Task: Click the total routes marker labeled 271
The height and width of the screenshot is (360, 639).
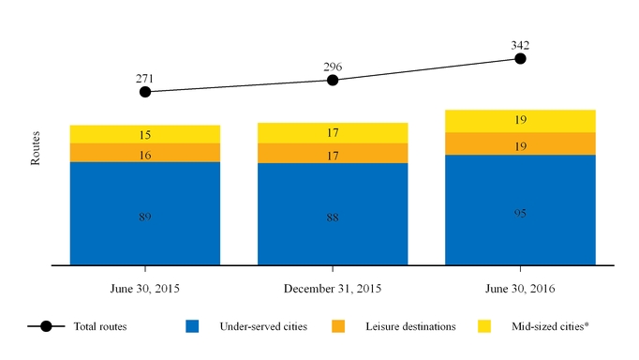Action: point(145,92)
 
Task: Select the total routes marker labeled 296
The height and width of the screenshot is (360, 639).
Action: point(333,81)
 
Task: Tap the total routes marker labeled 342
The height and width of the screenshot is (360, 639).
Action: point(520,59)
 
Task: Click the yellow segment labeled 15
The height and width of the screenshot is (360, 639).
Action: point(145,134)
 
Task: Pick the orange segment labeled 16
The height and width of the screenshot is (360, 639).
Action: point(145,153)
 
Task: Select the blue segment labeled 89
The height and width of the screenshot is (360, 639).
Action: point(145,214)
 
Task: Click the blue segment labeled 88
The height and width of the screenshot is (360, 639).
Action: point(333,214)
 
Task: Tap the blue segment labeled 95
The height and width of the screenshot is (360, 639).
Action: point(520,210)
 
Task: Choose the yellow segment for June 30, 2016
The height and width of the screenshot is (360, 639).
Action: point(520,121)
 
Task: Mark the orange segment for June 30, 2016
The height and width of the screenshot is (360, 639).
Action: point(520,143)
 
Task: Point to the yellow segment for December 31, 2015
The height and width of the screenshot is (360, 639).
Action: point(333,133)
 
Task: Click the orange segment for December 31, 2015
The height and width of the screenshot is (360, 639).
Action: point(333,154)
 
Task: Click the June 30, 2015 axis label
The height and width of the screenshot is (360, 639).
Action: point(145,289)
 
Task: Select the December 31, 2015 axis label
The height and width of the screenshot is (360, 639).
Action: point(333,289)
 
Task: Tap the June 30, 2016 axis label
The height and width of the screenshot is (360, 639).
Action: point(520,289)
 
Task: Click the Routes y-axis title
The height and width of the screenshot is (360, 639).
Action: point(36,148)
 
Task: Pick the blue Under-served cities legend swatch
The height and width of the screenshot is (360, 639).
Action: point(192,326)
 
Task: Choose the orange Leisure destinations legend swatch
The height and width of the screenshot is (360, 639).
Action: point(338,326)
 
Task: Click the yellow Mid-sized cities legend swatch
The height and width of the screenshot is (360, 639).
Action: point(484,326)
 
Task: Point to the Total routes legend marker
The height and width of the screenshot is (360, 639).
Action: point(46,326)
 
